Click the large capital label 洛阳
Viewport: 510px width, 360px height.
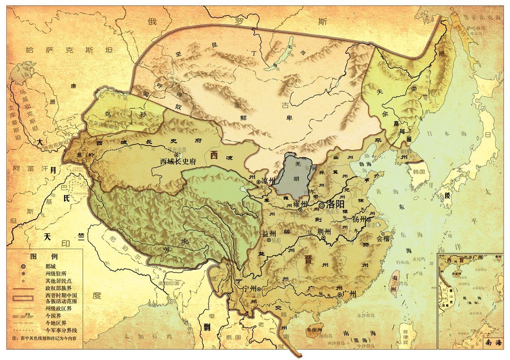coord(335,205)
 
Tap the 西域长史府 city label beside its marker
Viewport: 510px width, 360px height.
coord(178,161)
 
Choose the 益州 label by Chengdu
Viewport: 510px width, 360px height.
coord(269,233)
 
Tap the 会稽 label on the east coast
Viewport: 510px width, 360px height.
coord(384,239)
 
